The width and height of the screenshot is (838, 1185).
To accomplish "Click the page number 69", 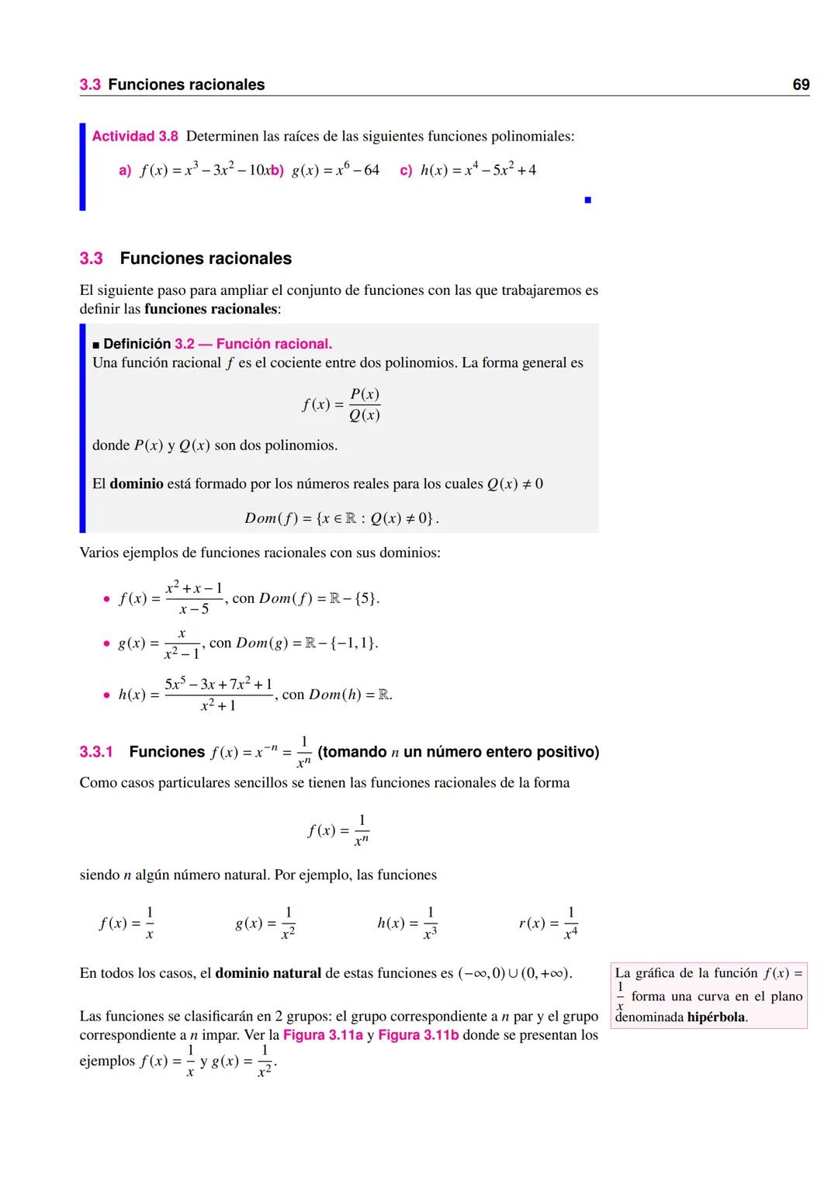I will tap(801, 85).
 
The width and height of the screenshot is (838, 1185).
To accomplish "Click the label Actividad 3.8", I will tap(135, 137).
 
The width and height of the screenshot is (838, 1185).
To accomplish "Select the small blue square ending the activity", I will tap(588, 200).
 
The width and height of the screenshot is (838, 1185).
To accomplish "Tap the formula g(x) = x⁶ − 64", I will tap(335, 170).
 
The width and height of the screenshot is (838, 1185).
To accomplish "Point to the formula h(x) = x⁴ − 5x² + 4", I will tap(478, 170).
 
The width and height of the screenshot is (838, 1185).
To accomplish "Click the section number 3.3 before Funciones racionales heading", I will tap(91, 258).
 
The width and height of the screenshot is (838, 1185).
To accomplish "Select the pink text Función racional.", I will tap(274, 344).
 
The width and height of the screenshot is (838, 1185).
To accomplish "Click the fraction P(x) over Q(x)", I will tap(364, 404).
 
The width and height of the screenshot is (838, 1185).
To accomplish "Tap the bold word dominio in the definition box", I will tap(137, 483).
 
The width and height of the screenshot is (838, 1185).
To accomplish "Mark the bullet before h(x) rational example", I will tap(106, 695).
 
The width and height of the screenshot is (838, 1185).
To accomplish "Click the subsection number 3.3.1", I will tap(96, 752).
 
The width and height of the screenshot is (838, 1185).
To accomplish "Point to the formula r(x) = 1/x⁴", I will tap(548, 923).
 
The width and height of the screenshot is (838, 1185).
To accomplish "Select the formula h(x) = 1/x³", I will tap(407, 923).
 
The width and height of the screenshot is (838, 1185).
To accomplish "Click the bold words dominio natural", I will tap(268, 973).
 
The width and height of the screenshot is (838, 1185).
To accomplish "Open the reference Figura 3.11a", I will tap(323, 1035).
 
